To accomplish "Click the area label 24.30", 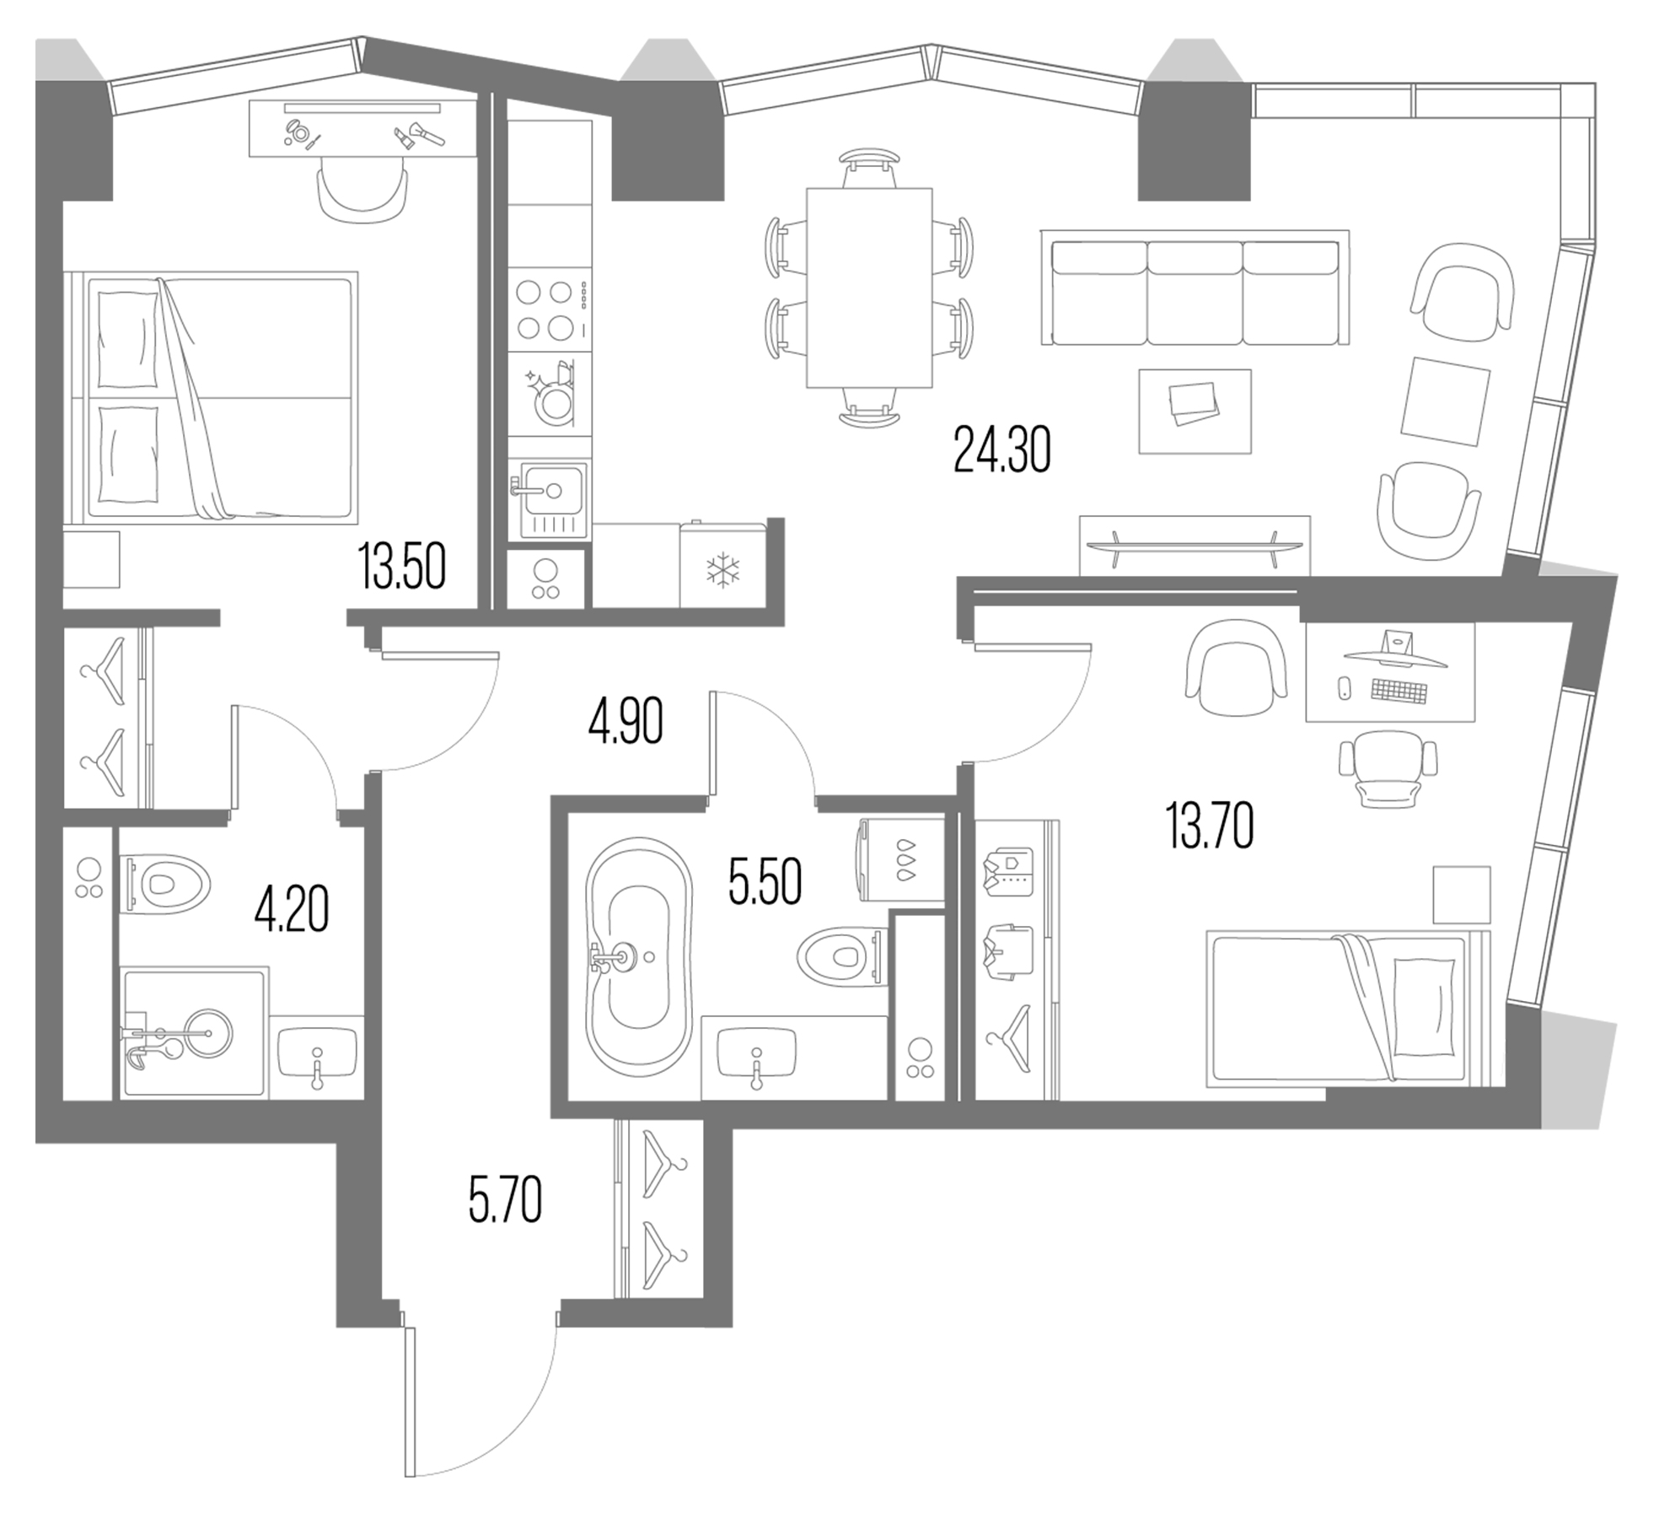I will (1001, 451).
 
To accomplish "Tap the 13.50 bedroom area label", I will (401, 567).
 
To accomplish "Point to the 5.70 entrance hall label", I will (505, 1201).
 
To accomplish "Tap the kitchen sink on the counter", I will (552, 490).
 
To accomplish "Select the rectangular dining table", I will (869, 288).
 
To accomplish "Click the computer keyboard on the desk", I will (1399, 692).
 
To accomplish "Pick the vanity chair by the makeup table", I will (361, 192).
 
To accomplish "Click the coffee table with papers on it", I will (1195, 411).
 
